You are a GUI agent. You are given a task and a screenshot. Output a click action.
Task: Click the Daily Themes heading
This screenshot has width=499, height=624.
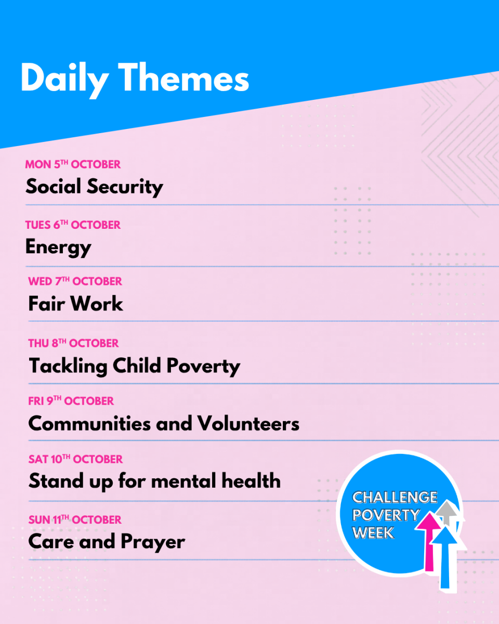point(135,79)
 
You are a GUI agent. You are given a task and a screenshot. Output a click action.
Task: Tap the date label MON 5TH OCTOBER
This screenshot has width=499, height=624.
point(73,164)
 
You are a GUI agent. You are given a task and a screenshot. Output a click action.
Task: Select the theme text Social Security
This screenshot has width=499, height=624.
point(94,187)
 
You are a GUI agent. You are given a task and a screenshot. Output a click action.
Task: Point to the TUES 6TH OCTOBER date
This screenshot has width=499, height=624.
point(73,225)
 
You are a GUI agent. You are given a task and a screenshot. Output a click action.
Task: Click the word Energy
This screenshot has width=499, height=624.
point(58,248)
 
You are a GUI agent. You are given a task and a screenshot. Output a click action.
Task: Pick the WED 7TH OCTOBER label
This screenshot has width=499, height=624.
point(75,281)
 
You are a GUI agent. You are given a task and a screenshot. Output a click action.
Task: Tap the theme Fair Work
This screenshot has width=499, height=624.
point(76,304)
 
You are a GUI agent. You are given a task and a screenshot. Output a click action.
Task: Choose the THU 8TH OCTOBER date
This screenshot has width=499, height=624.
point(73,343)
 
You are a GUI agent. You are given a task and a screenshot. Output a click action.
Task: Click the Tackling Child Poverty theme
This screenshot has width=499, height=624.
point(135,366)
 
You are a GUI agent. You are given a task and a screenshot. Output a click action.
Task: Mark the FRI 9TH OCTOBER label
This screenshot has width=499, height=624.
point(71,401)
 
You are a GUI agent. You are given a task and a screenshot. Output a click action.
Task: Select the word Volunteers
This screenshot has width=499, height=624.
point(248,423)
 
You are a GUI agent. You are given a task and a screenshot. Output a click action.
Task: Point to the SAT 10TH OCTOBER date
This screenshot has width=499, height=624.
point(76,459)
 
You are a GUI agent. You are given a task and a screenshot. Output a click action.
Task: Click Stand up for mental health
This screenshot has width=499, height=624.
point(154,482)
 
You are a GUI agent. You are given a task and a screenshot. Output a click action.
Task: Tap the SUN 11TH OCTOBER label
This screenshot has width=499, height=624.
point(75,519)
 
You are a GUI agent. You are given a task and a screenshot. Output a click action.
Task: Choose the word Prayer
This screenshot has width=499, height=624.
point(153,542)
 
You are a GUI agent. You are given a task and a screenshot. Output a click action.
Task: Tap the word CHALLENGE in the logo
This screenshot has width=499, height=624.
point(395,497)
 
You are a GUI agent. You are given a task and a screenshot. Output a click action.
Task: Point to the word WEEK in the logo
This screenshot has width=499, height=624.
point(373,532)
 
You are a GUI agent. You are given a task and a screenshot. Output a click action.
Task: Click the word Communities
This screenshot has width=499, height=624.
point(89,423)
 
